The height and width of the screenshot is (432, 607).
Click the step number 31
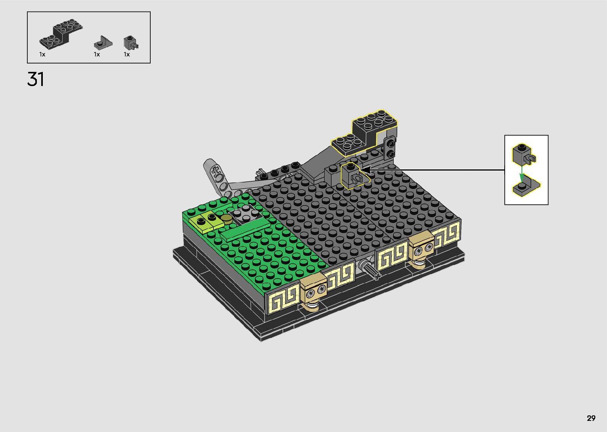pos(36,79)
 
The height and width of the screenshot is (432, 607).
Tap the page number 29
pos(591,418)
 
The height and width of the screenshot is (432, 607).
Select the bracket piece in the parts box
pos(61,35)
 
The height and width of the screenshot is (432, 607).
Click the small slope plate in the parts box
pos(103,42)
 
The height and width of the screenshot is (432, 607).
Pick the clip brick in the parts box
pos(130,43)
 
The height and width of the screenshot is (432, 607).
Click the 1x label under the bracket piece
pos(42,54)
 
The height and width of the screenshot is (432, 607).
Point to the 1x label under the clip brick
pos(127,54)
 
